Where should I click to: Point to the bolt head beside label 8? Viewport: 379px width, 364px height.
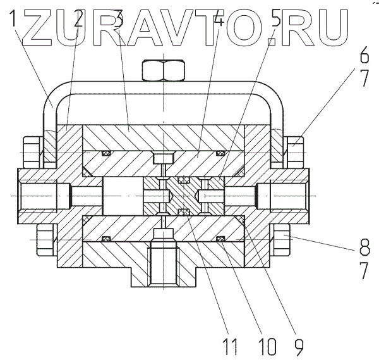tap(281, 240)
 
